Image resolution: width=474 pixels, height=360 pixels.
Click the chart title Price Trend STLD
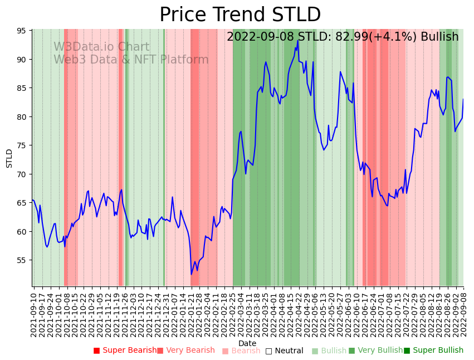click(x=240, y=15)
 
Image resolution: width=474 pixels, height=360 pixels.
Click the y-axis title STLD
click(x=9, y=158)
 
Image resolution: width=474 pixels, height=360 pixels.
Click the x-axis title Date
click(x=247, y=344)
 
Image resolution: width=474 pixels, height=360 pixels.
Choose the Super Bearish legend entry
click(x=125, y=351)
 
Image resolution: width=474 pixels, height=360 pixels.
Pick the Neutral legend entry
click(x=284, y=351)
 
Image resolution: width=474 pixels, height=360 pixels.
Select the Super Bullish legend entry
click(x=433, y=351)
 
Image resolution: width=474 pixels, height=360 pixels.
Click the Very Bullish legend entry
click(x=375, y=351)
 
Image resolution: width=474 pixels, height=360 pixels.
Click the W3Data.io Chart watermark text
click(x=101, y=47)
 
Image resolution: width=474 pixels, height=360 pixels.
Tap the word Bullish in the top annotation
click(x=439, y=37)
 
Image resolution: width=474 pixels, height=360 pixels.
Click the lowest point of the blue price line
click(x=191, y=274)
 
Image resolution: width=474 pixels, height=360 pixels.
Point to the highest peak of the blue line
click(x=298, y=40)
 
